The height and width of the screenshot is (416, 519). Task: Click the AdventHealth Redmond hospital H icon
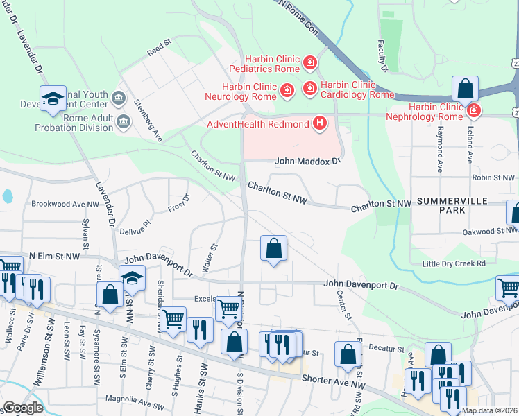click(x=320, y=124)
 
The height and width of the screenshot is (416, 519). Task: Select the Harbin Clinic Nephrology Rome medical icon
click(x=474, y=110)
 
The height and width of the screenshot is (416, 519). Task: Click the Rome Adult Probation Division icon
click(x=124, y=123)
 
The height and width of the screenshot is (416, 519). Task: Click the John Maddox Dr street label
click(x=308, y=161)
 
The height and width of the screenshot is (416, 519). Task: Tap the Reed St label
click(x=159, y=48)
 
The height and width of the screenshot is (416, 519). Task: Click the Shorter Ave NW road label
click(x=333, y=379)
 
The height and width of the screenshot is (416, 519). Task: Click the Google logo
click(x=22, y=408)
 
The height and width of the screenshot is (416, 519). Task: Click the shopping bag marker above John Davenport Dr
click(x=274, y=249)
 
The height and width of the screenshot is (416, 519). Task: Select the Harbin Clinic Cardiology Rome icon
click(x=309, y=89)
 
